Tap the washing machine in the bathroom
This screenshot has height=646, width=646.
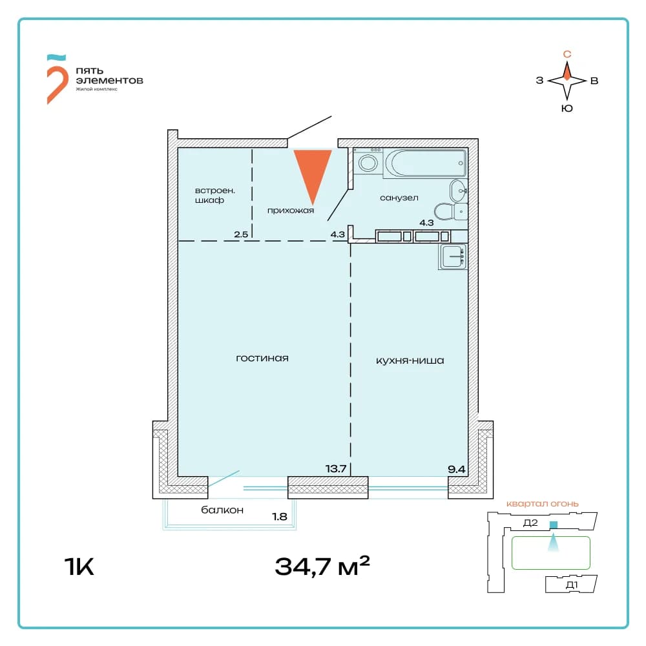(368, 161)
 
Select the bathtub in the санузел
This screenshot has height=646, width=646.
(425, 163)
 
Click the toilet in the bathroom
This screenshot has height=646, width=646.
(451, 211)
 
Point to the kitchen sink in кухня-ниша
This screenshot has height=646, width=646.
(453, 256)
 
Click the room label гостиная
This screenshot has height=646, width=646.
(262, 359)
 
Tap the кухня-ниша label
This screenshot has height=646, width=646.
(410, 361)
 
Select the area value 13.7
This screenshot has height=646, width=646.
(336, 468)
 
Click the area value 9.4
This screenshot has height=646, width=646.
(457, 469)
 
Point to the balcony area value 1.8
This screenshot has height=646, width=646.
(279, 516)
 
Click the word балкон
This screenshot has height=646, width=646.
(222, 510)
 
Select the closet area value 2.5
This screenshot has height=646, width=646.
(241, 234)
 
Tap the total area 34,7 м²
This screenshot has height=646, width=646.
(322, 566)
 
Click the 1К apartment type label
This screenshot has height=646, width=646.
(79, 567)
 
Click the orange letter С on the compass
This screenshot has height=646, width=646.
(567, 54)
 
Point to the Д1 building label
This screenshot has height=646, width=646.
(572, 585)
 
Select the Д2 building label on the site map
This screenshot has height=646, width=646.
(530, 523)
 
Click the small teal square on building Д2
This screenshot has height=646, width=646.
(554, 525)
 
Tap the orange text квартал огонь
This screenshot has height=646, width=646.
(542, 503)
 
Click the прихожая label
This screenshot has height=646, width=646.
(291, 211)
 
